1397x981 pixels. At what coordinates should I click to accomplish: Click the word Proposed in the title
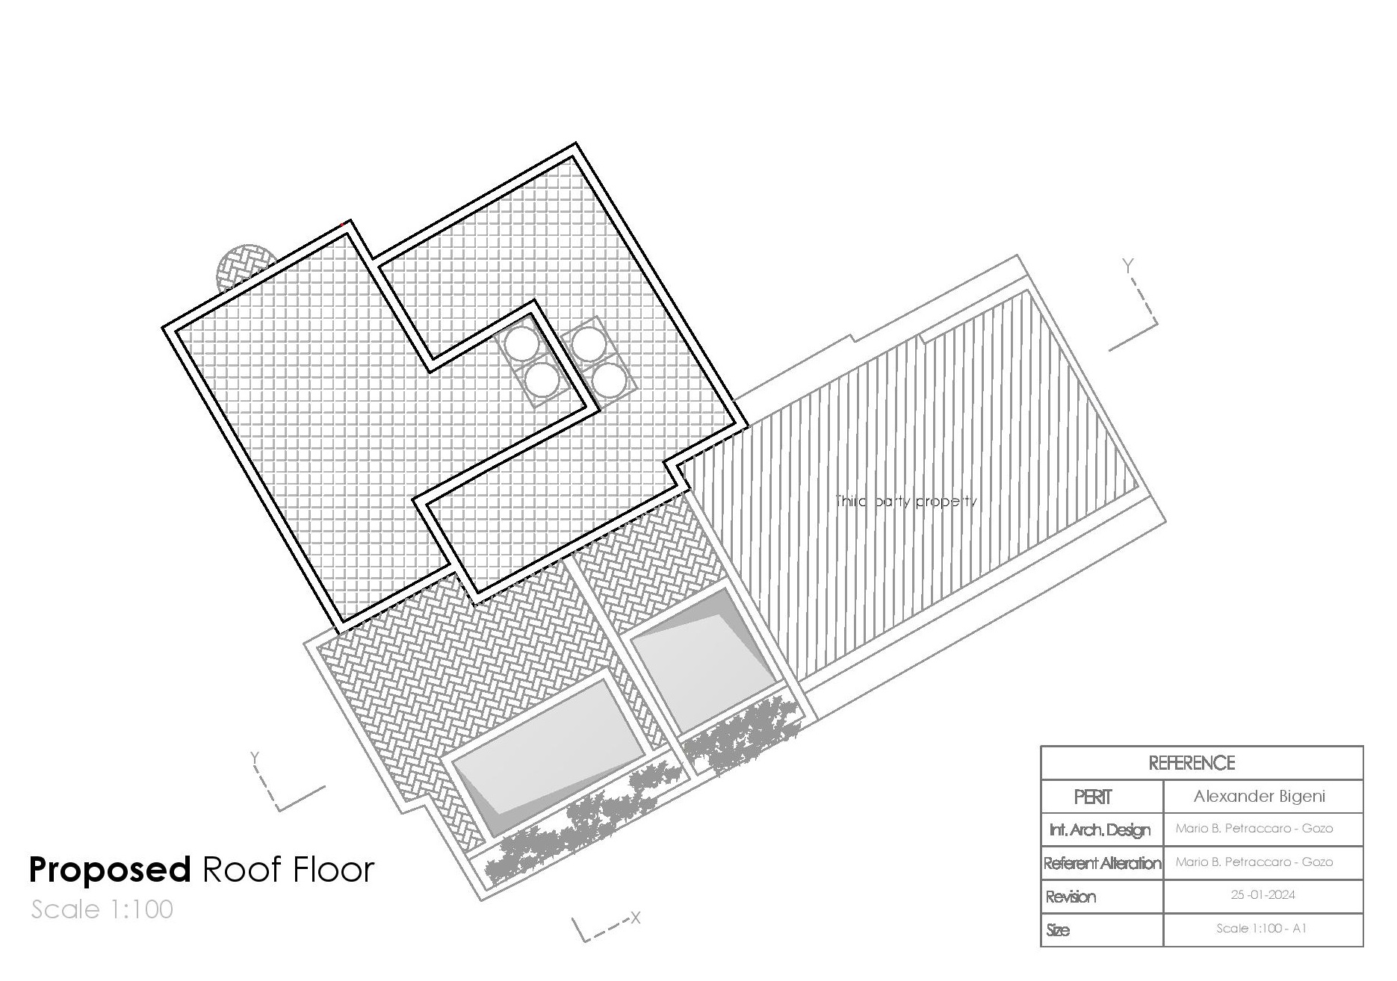point(110,870)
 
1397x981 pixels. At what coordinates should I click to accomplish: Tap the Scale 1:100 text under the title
point(102,909)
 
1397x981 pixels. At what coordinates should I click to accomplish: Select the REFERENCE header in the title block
point(1192,763)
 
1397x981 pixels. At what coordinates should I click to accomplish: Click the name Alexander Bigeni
point(1260,797)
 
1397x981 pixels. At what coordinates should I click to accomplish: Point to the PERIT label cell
point(1093,797)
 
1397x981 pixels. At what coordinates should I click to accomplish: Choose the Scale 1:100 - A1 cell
point(1261,929)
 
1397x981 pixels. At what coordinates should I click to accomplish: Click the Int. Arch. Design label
point(1100,830)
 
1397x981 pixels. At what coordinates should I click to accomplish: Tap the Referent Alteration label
point(1103,864)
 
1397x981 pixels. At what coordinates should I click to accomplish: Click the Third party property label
point(905,501)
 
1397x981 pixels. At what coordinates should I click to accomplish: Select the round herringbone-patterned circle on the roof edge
point(244,267)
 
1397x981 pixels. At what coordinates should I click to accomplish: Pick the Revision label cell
point(1071,897)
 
